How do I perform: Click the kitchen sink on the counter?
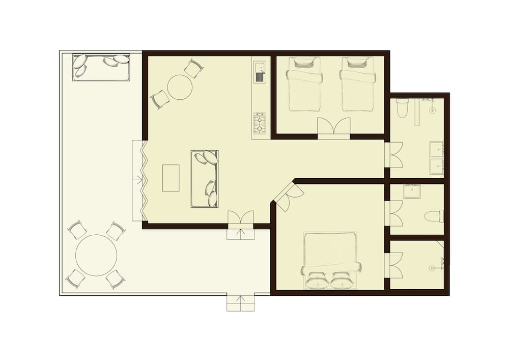coord(260,72)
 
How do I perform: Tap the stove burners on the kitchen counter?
coord(260,123)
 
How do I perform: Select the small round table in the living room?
coord(180,87)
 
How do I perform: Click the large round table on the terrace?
coord(96,255)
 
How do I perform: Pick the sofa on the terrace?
coord(101,68)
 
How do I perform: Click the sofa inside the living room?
coord(204,178)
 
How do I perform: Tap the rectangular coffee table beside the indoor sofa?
coord(171,178)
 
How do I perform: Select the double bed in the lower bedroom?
coord(330,261)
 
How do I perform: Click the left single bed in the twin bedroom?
coord(304,84)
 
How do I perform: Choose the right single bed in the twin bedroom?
coord(358,84)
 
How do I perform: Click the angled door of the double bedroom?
coord(289,196)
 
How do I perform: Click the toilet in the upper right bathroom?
coord(402,107)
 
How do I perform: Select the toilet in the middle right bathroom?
coord(434,216)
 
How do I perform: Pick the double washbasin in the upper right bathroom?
coord(436,157)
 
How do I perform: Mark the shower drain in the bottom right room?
coord(432,267)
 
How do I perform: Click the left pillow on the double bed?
coord(317,281)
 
